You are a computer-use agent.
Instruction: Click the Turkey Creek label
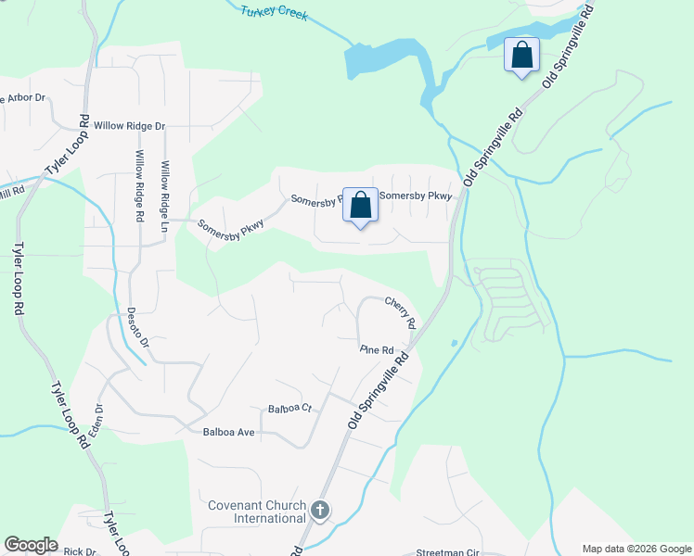[x=274, y=14]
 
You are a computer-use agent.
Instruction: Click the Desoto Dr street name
[x=131, y=327]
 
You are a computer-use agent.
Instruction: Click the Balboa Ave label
[x=228, y=432]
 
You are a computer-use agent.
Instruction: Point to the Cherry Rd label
[x=399, y=309]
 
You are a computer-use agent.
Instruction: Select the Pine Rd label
[x=377, y=350]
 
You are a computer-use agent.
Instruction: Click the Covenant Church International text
[x=256, y=512]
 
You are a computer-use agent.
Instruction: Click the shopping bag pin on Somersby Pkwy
[x=360, y=206]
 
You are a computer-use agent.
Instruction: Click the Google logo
[x=31, y=545]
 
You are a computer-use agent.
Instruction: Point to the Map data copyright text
[x=636, y=549]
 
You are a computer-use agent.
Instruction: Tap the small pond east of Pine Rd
[x=454, y=344]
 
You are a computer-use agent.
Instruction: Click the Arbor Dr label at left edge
[x=23, y=97]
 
